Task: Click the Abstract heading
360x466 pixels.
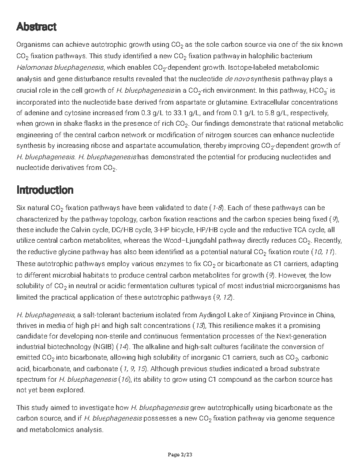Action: [x=36, y=27]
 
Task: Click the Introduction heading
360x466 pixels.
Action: [x=45, y=190]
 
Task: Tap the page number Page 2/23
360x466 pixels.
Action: [x=180, y=455]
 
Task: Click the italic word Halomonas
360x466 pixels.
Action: [x=34, y=68]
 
